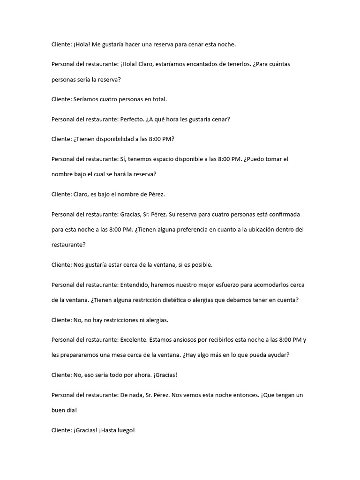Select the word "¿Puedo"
(x=255, y=159)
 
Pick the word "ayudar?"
(x=279, y=355)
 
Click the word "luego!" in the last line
(x=125, y=430)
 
